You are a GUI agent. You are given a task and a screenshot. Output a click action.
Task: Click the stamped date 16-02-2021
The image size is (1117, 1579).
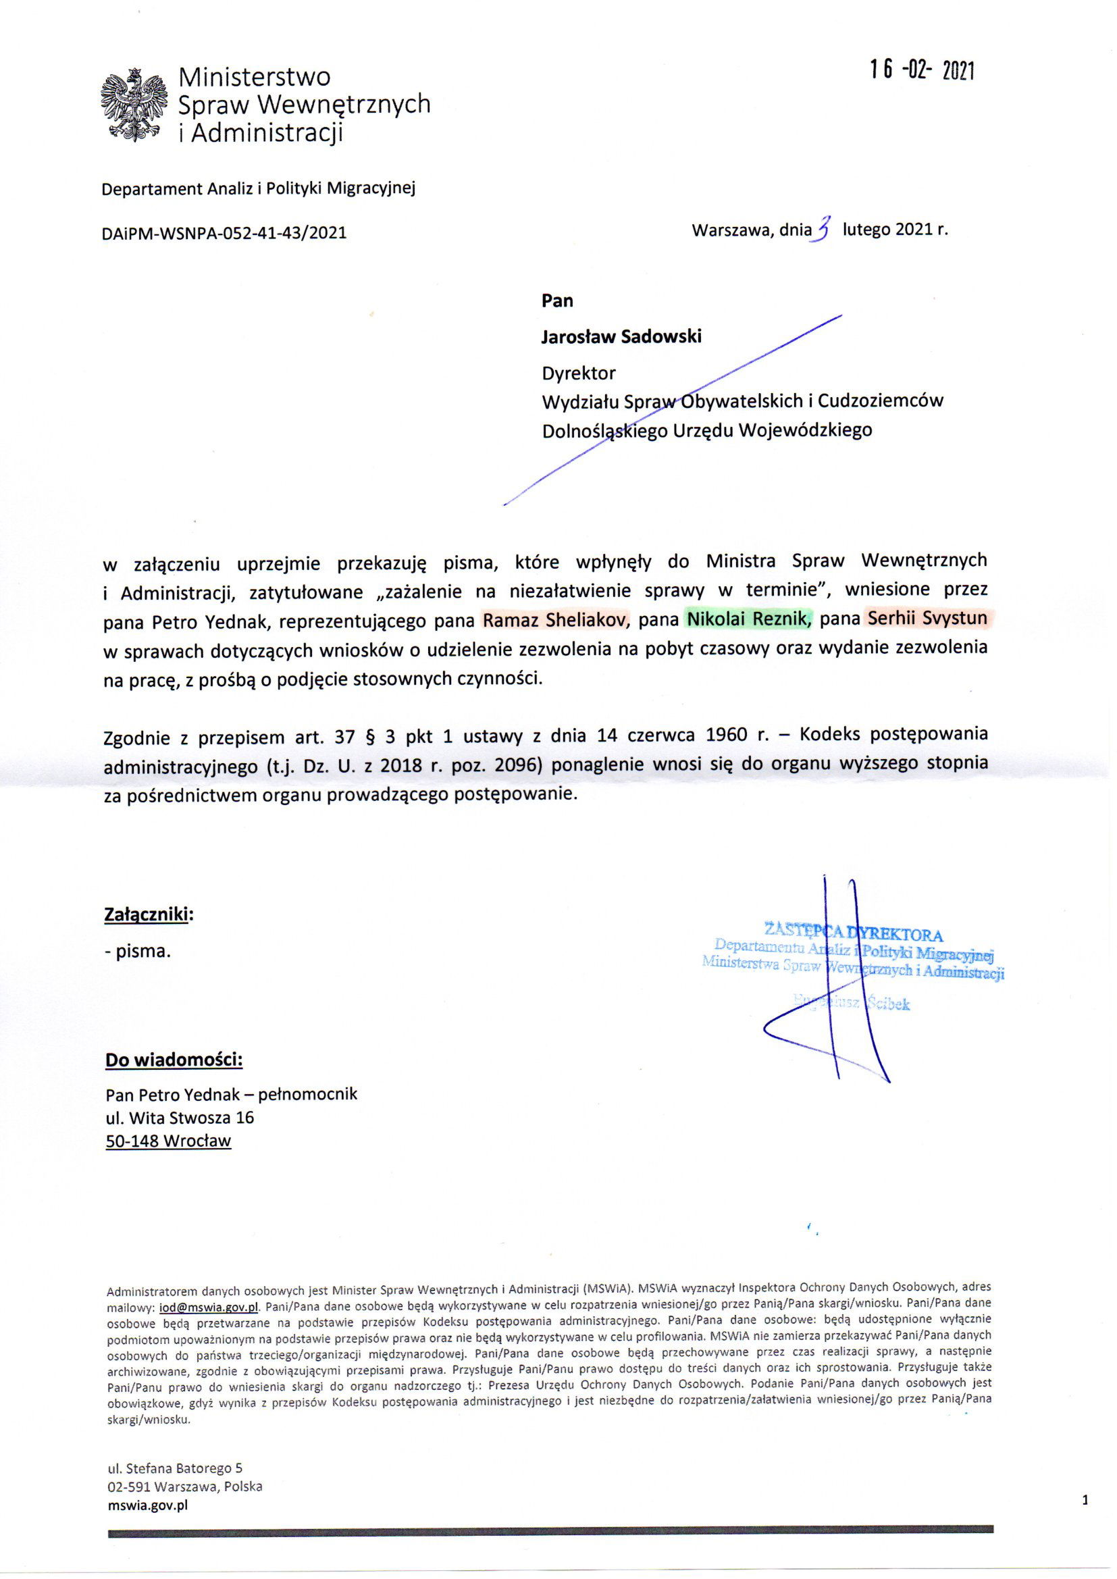coord(922,70)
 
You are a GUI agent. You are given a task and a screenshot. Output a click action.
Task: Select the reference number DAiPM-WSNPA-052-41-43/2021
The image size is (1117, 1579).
coord(224,233)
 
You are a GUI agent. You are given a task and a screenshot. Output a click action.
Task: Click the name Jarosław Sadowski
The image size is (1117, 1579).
coord(621,336)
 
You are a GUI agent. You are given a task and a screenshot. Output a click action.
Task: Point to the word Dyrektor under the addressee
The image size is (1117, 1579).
coord(579,373)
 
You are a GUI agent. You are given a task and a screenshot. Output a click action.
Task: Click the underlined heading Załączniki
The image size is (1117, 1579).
coord(148,914)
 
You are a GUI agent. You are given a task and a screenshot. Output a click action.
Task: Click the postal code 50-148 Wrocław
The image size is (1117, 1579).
coord(169,1141)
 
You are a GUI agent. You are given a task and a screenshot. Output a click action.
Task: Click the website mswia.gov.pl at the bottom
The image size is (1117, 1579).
coord(148,1505)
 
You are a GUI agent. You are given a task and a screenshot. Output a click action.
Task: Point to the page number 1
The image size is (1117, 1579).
coord(1085,1500)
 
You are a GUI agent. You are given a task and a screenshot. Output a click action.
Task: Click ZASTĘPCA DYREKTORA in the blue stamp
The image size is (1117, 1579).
coord(853,935)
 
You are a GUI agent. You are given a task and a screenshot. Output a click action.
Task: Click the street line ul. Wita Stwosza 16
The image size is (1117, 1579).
coord(180,1118)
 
